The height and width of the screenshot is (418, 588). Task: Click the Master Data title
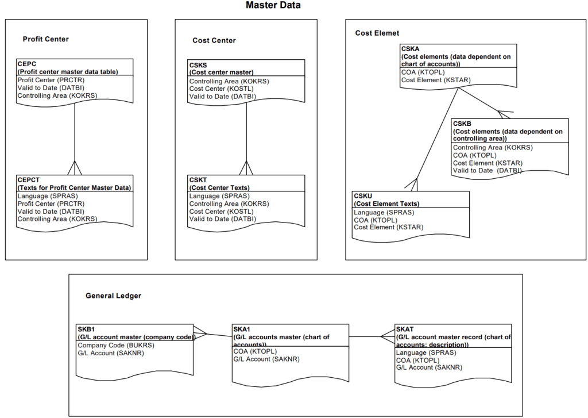tap(273, 6)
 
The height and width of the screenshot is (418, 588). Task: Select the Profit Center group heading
tap(45, 39)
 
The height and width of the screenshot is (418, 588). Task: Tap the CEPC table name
tap(27, 64)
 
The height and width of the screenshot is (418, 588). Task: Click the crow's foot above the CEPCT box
tap(75, 168)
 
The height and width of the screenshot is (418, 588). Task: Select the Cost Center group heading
tap(214, 40)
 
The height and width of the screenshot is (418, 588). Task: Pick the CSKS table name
tap(199, 65)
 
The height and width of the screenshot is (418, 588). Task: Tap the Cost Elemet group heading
tap(377, 33)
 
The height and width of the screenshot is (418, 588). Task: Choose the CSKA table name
tap(411, 49)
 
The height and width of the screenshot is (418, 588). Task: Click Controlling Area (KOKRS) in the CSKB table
tap(493, 147)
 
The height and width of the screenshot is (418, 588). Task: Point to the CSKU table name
tap(363, 196)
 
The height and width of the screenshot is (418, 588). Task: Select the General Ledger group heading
tap(113, 296)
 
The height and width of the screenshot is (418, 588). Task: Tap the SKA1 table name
tap(242, 329)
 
